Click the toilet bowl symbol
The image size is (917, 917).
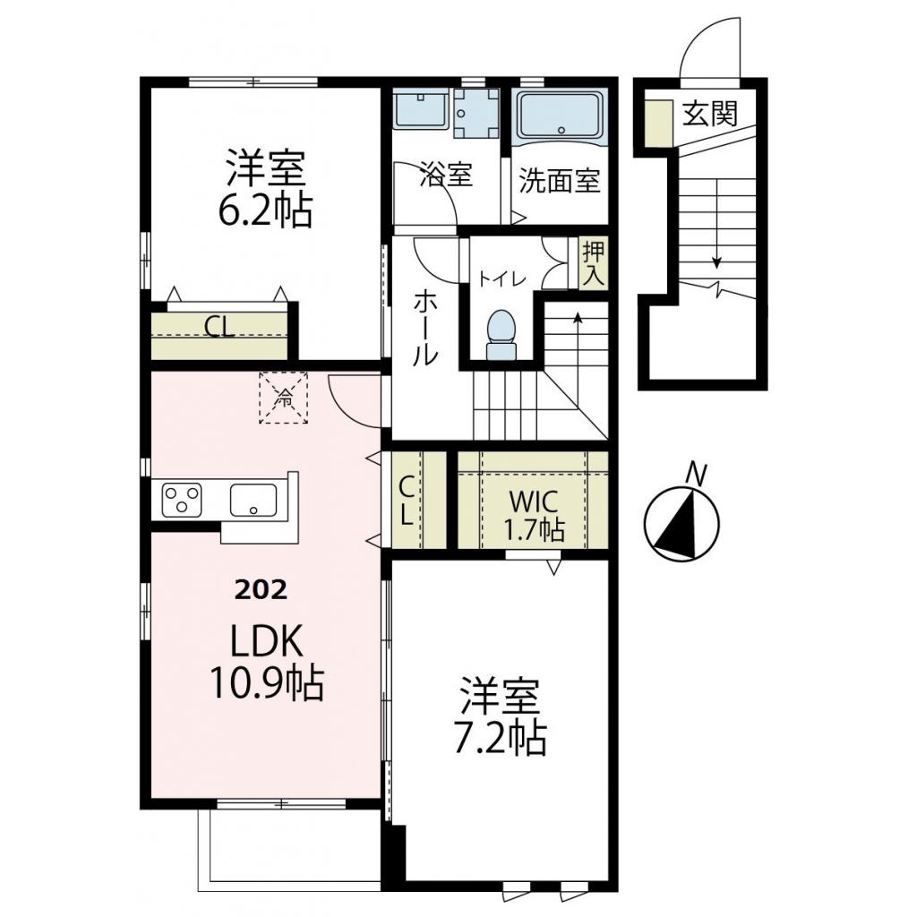click(501, 332)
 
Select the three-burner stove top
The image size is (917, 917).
click(184, 500)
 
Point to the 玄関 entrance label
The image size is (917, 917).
click(710, 114)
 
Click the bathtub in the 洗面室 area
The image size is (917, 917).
click(562, 116)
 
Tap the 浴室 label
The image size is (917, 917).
click(445, 176)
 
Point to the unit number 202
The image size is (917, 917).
click(261, 589)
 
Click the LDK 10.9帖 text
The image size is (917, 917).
click(266, 664)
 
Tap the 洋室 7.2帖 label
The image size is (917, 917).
click(501, 717)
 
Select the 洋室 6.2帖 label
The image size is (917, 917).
click(266, 189)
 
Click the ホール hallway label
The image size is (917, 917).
click(425, 326)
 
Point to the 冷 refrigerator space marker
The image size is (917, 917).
click(283, 398)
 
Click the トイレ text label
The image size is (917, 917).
click(501, 279)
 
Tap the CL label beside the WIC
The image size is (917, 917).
click(406, 501)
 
